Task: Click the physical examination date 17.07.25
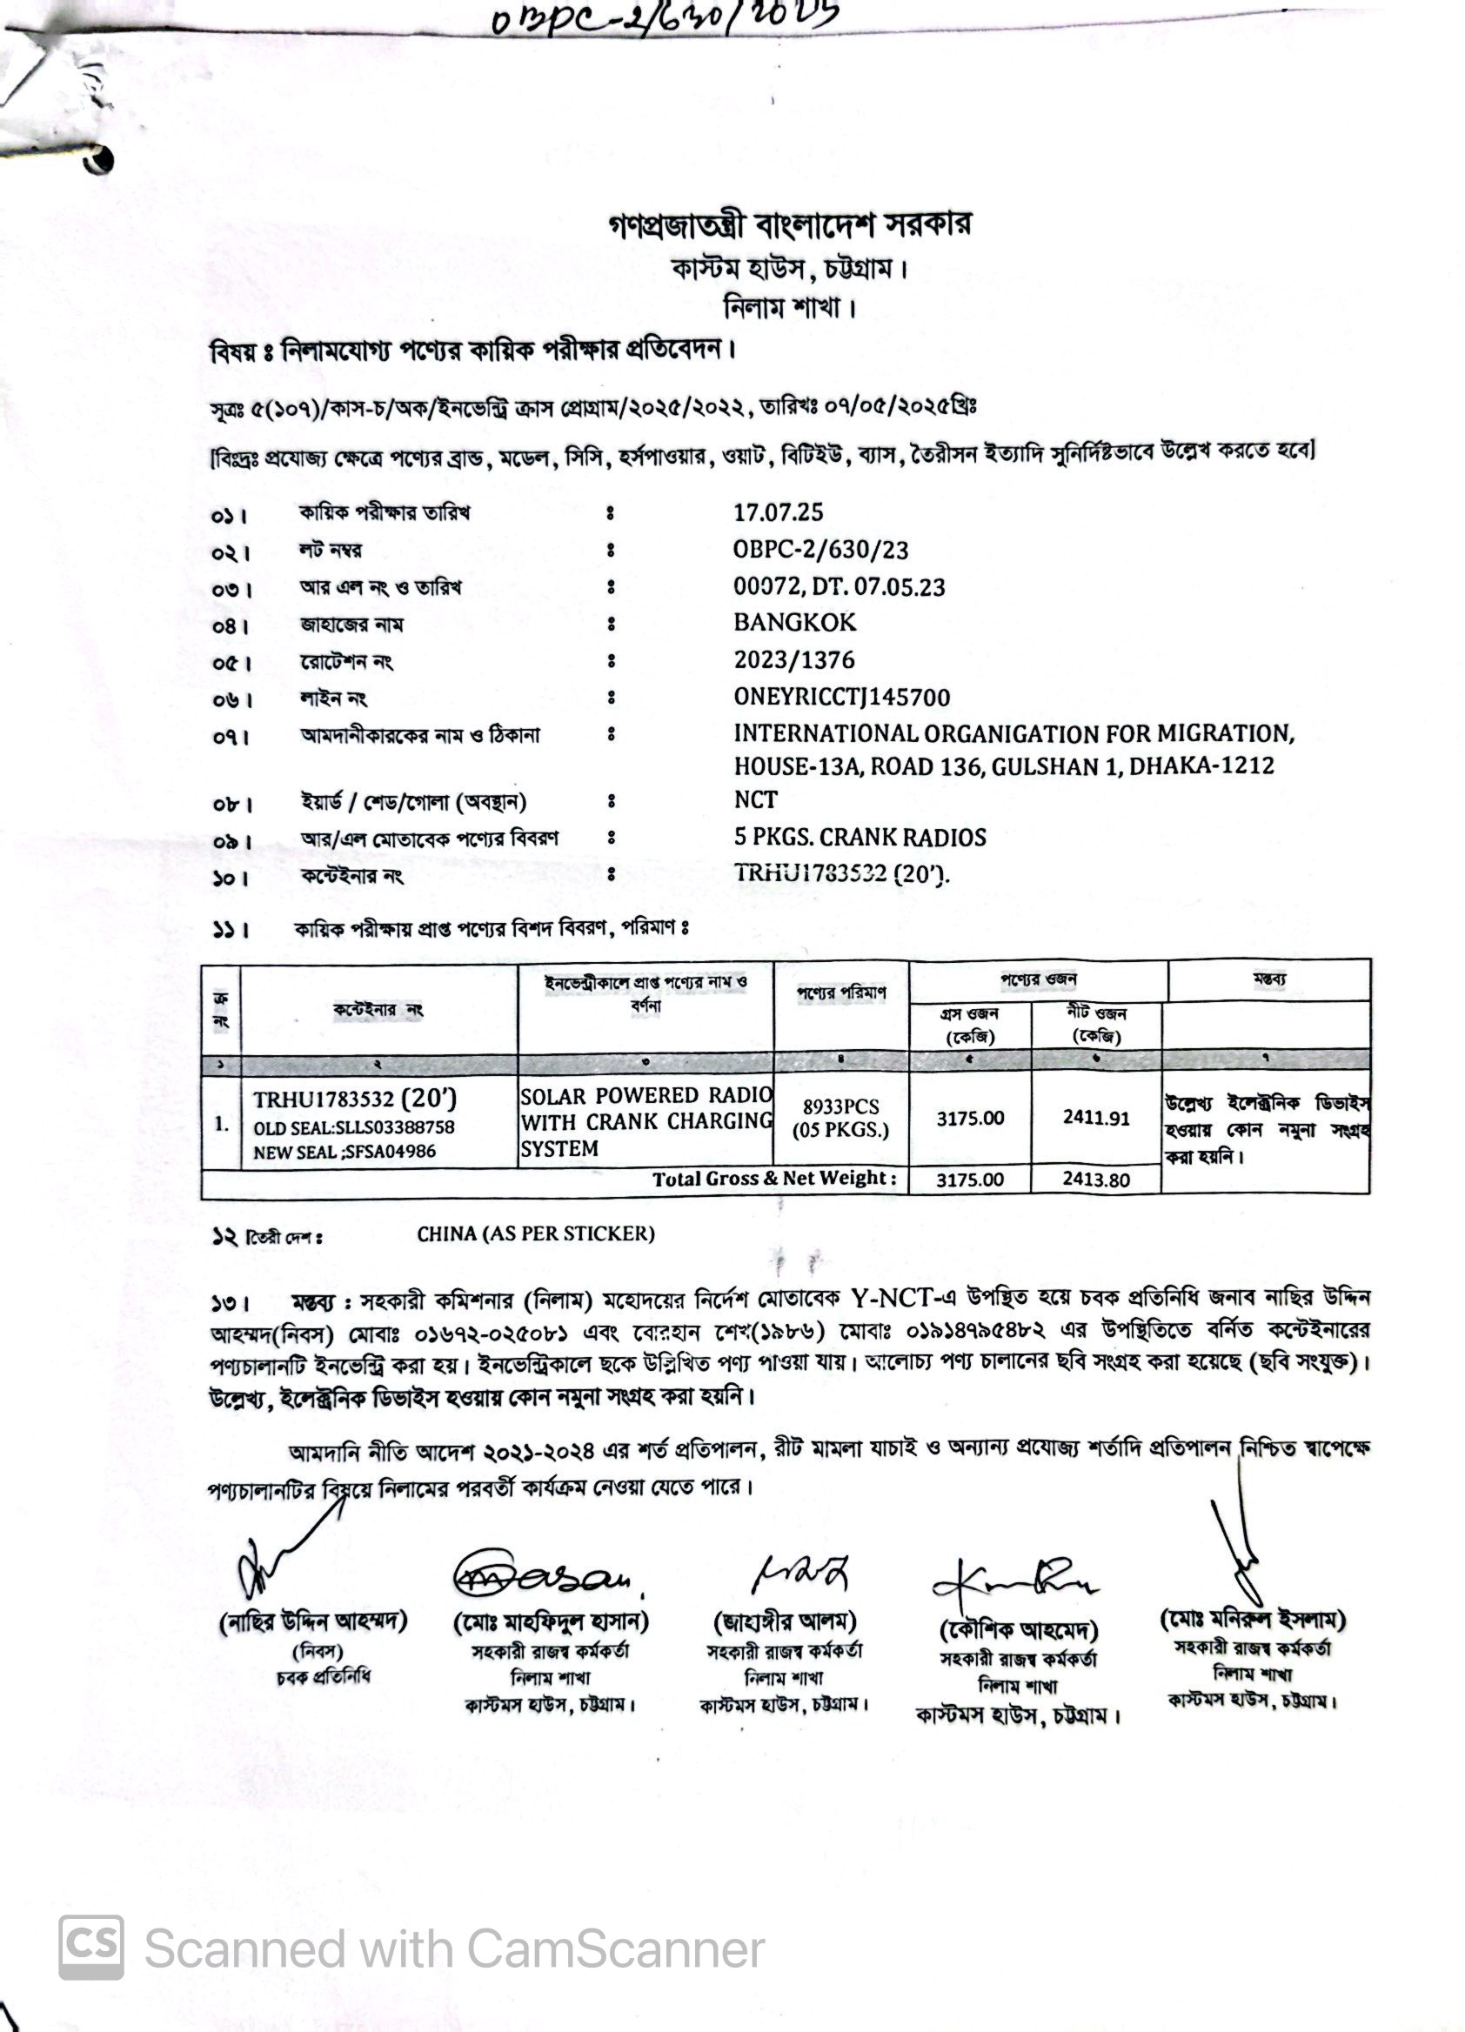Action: pyautogui.click(x=778, y=512)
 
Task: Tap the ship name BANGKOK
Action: pyautogui.click(x=795, y=623)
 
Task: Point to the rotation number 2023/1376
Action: pyautogui.click(x=794, y=660)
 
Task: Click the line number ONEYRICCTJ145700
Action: pyautogui.click(x=841, y=697)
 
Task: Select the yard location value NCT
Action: pyautogui.click(x=755, y=799)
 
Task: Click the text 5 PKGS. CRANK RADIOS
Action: pyautogui.click(x=860, y=837)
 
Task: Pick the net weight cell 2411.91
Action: pyautogui.click(x=1096, y=1117)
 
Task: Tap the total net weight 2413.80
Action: pyautogui.click(x=1096, y=1179)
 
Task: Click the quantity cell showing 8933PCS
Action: pyautogui.click(x=840, y=1106)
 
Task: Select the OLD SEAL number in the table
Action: pyautogui.click(x=354, y=1127)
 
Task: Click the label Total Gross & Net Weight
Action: pyautogui.click(x=774, y=1178)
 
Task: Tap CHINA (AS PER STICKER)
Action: pyautogui.click(x=535, y=1233)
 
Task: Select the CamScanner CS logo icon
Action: pyautogui.click(x=90, y=1947)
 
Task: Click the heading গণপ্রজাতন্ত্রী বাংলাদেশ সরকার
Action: pyautogui.click(x=789, y=224)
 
